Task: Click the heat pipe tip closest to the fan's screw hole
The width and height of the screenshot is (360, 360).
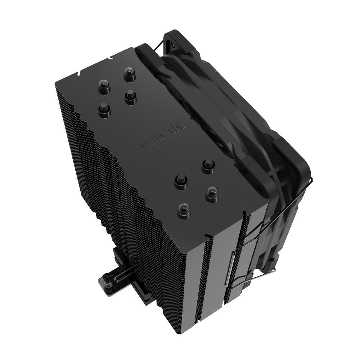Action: tap(129, 75)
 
